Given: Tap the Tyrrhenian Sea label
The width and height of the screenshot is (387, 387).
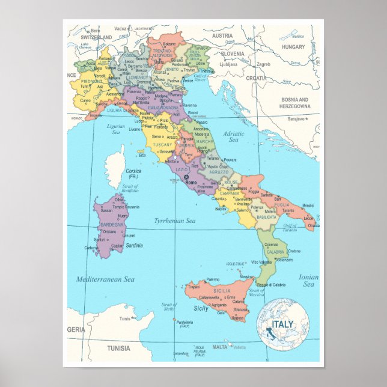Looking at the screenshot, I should click(175, 221).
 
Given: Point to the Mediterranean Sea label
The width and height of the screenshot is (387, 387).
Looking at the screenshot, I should click(105, 279).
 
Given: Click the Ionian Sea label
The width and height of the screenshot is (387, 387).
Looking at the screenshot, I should click(308, 281).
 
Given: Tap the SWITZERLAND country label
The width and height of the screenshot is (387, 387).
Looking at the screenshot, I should click(96, 37).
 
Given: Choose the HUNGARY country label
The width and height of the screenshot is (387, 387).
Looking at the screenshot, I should click(294, 46).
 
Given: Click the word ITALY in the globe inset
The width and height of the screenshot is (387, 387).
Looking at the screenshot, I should click(283, 325).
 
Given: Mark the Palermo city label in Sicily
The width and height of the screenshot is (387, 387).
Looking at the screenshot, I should click(213, 279).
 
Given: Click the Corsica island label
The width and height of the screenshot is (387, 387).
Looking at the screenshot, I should click(133, 171).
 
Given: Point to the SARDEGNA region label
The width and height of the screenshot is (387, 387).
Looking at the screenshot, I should click(112, 225).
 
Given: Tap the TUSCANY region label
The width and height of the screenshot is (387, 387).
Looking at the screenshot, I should click(162, 145).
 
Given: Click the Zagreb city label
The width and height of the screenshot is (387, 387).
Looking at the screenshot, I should click(264, 64).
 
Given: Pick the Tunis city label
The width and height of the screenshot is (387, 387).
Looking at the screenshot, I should click(125, 318).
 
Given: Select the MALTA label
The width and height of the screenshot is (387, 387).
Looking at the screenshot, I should click(220, 347).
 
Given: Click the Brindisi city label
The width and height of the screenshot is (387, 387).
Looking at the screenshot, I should click(308, 206).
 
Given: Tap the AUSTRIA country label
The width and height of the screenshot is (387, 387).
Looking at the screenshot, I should click(222, 35).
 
